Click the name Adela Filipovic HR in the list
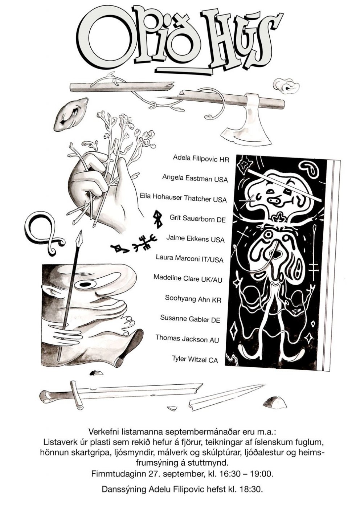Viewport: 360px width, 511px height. tap(201, 158)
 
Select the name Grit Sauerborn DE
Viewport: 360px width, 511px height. tap(197, 218)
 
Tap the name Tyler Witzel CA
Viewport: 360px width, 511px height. tap(195, 359)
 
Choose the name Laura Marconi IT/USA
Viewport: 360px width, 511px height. tap(189, 258)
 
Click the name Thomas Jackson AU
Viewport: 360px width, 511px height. tap(187, 339)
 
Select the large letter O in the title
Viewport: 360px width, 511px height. tap(105, 42)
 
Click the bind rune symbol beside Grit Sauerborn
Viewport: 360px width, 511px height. tap(157, 220)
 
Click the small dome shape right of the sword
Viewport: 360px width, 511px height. tap(274, 402)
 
